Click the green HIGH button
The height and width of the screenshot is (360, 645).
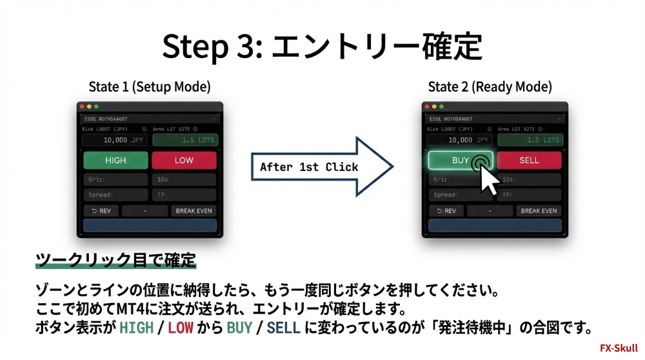click(x=115, y=160)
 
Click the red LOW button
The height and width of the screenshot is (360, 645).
click(x=184, y=160)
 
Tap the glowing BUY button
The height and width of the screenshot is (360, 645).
click(x=461, y=160)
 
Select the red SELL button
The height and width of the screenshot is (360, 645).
click(x=529, y=160)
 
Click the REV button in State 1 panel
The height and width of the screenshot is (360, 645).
click(x=101, y=210)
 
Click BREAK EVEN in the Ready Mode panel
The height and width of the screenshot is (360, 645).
click(x=539, y=210)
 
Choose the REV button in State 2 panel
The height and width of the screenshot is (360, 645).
click(x=446, y=210)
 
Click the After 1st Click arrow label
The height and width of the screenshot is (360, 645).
click(x=309, y=166)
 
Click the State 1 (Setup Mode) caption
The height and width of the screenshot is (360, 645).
click(x=150, y=86)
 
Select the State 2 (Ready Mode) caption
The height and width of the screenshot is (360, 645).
click(x=490, y=86)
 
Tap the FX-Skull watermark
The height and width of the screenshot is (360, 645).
click(x=618, y=348)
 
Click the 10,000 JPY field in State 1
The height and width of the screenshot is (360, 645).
click(x=115, y=139)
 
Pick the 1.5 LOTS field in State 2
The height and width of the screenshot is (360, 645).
click(x=530, y=139)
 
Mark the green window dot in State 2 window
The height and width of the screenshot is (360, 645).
click(x=441, y=106)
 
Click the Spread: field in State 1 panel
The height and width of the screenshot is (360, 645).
click(x=115, y=194)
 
